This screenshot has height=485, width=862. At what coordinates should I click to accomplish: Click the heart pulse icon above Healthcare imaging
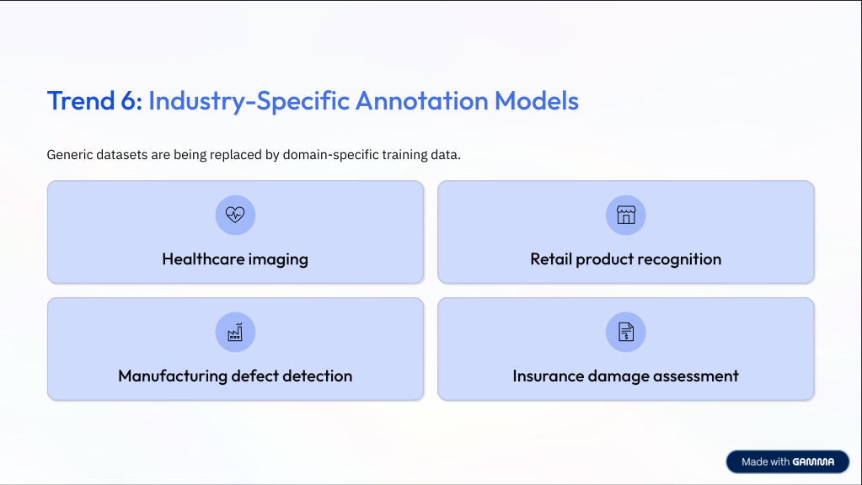pos(235,215)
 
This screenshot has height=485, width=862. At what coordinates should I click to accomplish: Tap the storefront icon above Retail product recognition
pos(625,215)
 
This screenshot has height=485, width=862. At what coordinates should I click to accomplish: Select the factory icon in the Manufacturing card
pos(235,332)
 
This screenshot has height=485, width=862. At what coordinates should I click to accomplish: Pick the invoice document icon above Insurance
pos(625,332)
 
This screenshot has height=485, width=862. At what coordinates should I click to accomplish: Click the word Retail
pos(551,258)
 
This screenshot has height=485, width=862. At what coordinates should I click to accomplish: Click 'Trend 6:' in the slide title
pos(94,100)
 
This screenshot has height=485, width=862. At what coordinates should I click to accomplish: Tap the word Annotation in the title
pos(421,100)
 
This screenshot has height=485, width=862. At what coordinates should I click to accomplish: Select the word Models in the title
pos(537,100)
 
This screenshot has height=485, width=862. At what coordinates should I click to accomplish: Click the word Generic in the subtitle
pos(69,154)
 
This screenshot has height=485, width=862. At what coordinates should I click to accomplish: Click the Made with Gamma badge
pos(787,462)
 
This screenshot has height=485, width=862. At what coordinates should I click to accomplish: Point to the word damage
pos(618,376)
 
